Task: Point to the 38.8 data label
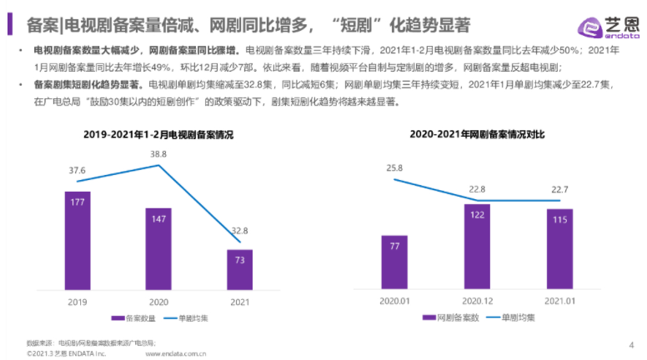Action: tap(157, 155)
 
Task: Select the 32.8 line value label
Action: tap(238, 232)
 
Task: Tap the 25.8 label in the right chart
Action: tap(394, 168)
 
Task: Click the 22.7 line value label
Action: tap(559, 188)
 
